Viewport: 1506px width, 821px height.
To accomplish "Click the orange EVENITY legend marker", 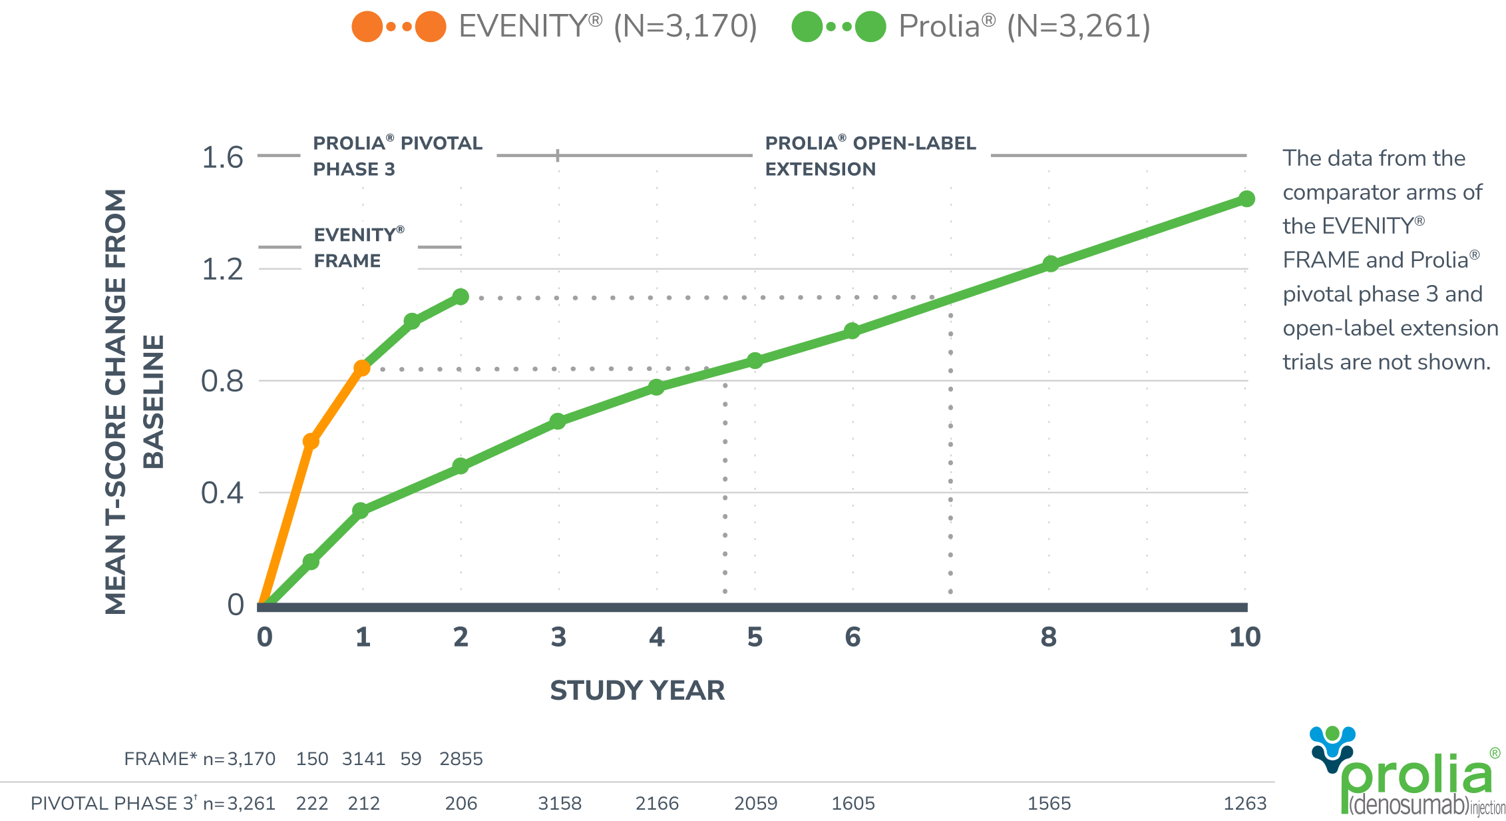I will click(399, 27).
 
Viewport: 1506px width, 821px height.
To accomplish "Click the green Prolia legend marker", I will click(839, 27).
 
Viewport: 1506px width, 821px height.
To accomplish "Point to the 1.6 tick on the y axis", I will click(222, 158).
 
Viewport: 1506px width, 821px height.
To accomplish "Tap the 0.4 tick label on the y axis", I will click(222, 493).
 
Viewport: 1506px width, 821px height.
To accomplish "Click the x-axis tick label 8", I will click(1048, 637).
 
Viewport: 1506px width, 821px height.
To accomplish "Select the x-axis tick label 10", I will click(1244, 637).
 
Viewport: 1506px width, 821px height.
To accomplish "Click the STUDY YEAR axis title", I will click(637, 690).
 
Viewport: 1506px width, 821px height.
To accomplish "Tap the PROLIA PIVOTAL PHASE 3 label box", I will click(398, 156).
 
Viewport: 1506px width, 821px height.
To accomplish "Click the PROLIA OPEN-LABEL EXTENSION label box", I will click(870, 156).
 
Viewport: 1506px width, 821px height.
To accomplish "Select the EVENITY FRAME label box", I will click(359, 248).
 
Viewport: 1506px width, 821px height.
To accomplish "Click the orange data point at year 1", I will click(362, 368).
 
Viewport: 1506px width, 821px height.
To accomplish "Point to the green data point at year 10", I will click(1246, 198).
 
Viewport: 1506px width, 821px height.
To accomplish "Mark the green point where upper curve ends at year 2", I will click(461, 296).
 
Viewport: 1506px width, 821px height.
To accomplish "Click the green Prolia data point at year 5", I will click(755, 360).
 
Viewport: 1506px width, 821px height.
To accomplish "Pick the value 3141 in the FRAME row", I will click(363, 759).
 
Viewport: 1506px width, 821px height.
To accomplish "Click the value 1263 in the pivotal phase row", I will click(1244, 804).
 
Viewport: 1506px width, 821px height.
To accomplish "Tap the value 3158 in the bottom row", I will click(559, 804).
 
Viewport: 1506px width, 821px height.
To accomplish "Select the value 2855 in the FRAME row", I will click(461, 759).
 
